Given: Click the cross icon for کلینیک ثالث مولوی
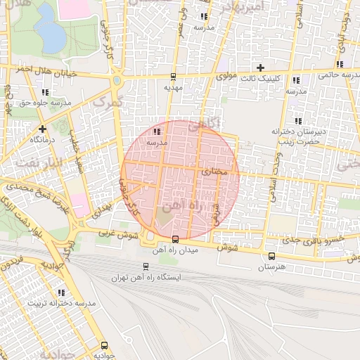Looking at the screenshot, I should pos(261,67).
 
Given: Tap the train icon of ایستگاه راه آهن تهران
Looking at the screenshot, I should pos(146,266).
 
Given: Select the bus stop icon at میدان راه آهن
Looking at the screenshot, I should pos(175,239).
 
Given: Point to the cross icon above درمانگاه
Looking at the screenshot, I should pos(43,129).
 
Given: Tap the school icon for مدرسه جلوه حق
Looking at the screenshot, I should pos(46,92).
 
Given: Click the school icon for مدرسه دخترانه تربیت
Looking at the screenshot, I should pos(60,292).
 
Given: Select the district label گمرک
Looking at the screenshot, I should pos(108,103).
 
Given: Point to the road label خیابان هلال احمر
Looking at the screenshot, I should pos(35,69).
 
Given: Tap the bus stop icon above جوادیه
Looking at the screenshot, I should pos(104,345).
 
